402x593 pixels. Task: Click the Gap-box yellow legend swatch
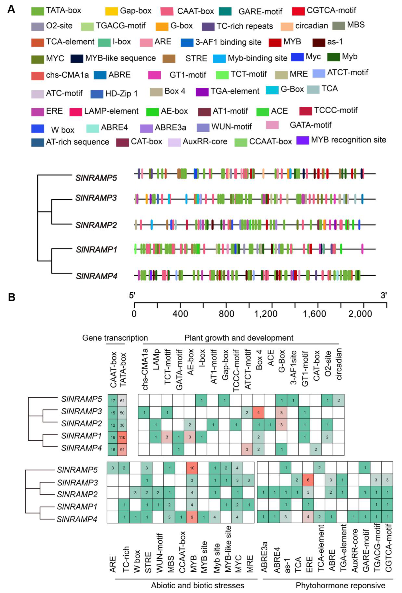(x=111, y=11)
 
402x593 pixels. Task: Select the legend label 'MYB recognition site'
(x=348, y=140)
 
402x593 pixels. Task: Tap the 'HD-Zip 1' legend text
(x=121, y=94)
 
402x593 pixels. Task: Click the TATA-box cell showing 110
(x=122, y=437)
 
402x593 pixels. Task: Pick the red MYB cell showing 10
(x=192, y=468)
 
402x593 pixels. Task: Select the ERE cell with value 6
(x=308, y=480)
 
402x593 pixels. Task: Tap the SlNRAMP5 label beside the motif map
(x=96, y=178)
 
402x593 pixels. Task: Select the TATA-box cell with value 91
(x=122, y=450)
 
